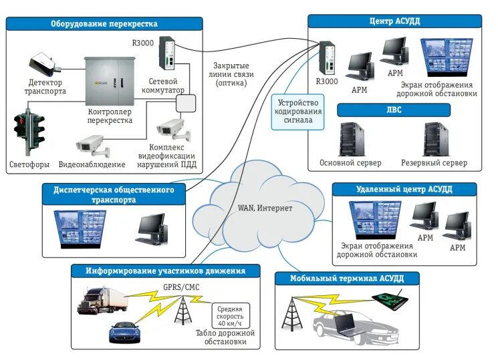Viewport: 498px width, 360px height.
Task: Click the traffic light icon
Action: pos(29,129)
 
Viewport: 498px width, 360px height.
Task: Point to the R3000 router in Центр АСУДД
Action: pos(327,59)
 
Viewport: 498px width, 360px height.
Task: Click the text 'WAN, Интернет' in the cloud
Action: pos(265,208)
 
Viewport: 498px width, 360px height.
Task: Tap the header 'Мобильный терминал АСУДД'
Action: pos(347,279)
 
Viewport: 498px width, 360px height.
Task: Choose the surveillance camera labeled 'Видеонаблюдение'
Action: pos(90,143)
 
